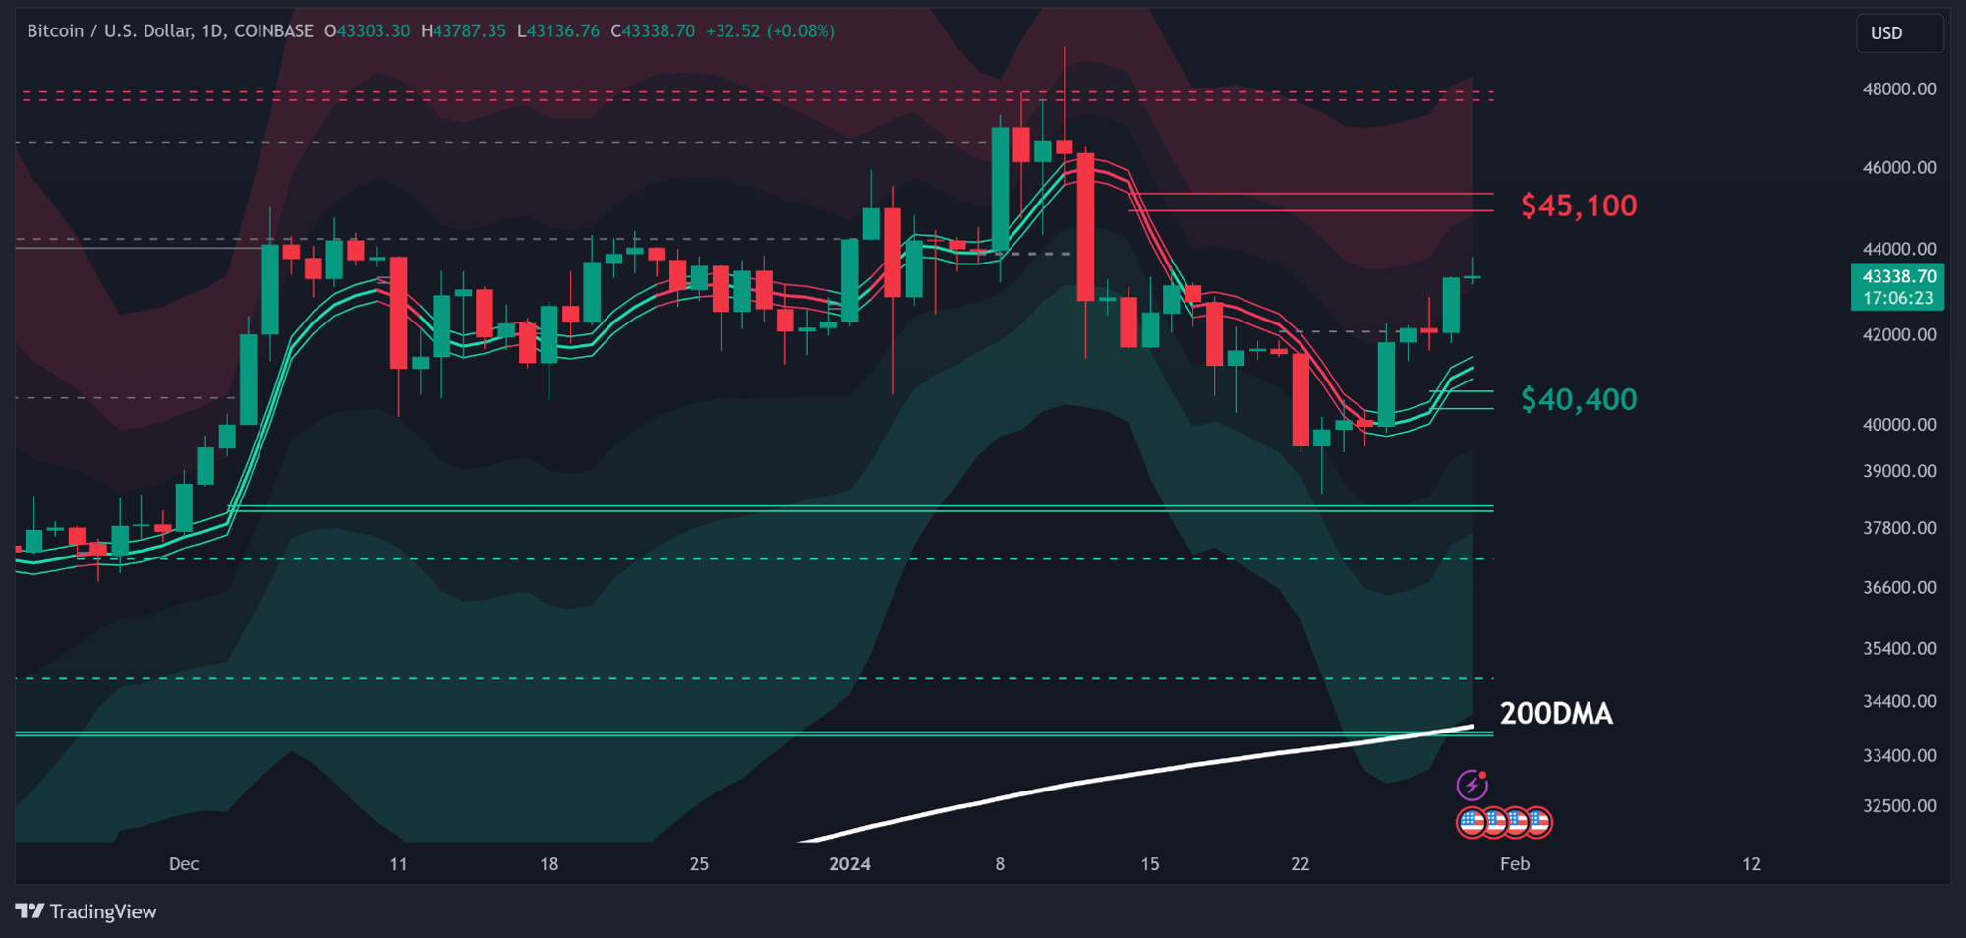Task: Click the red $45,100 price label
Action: click(x=1579, y=205)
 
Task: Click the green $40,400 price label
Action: click(x=1579, y=399)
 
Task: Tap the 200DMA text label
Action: click(x=1556, y=714)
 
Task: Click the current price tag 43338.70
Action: click(x=1897, y=277)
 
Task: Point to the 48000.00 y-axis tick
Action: click(x=1899, y=88)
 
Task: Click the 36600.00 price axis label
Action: click(x=1899, y=587)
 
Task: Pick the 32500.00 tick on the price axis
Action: click(x=1899, y=805)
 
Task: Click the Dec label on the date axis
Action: click(x=184, y=864)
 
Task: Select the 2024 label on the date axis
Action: click(x=849, y=864)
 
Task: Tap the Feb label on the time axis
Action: click(x=1515, y=864)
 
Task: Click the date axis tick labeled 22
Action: click(x=1301, y=864)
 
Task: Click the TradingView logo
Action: click(x=87, y=911)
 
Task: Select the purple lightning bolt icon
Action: click(x=1472, y=785)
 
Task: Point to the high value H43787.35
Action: click(x=463, y=31)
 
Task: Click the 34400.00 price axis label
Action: click(x=1899, y=701)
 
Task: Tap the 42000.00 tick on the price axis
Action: click(x=1899, y=334)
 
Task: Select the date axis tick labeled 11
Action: click(x=398, y=864)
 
